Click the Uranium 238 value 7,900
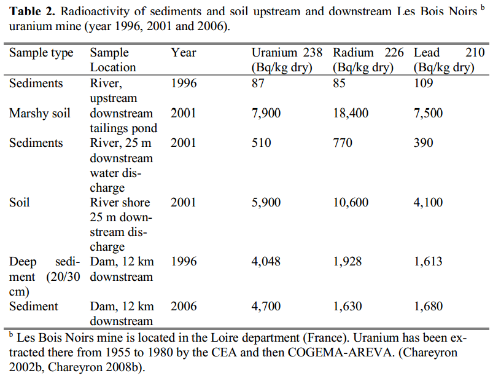click(266, 114)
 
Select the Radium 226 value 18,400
click(351, 114)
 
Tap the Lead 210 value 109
click(424, 84)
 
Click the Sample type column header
click(41, 53)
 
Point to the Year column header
click(184, 53)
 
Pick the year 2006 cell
click(184, 306)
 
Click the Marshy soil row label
click(39, 114)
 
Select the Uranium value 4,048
click(266, 262)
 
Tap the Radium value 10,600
click(351, 202)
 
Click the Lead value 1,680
click(428, 306)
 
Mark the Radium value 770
click(343, 143)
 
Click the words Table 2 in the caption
click(30, 12)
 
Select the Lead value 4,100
click(428, 202)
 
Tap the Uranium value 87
click(258, 84)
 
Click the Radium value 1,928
click(348, 262)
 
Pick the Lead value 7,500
click(428, 114)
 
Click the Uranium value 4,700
click(266, 306)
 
